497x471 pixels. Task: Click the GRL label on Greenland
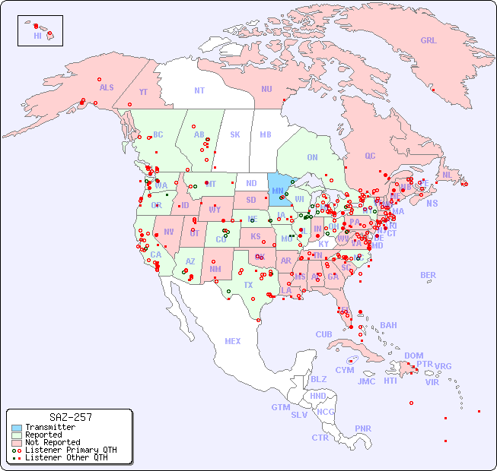coord(429,40)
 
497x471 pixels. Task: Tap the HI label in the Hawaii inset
coord(37,36)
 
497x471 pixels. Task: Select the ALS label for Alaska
coord(107,87)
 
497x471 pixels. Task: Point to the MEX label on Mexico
coord(233,341)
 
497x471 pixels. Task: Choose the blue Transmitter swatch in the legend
coord(17,428)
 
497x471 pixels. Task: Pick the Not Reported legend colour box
coord(17,442)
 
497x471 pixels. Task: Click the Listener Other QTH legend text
coord(65,457)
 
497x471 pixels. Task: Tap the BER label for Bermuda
coord(428,275)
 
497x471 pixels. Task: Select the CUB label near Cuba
coord(323,334)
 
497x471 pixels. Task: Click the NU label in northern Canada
coord(266,89)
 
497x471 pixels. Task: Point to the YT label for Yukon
coord(143,92)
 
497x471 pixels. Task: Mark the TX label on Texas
coord(248,285)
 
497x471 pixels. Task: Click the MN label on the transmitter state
coord(277,191)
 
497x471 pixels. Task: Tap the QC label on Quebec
coord(370,156)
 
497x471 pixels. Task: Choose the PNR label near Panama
coord(363,428)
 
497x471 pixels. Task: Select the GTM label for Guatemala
coord(280,407)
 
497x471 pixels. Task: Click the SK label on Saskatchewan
coord(235,134)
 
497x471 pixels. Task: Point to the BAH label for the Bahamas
coord(388,325)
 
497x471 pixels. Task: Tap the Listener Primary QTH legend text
coord(70,450)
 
